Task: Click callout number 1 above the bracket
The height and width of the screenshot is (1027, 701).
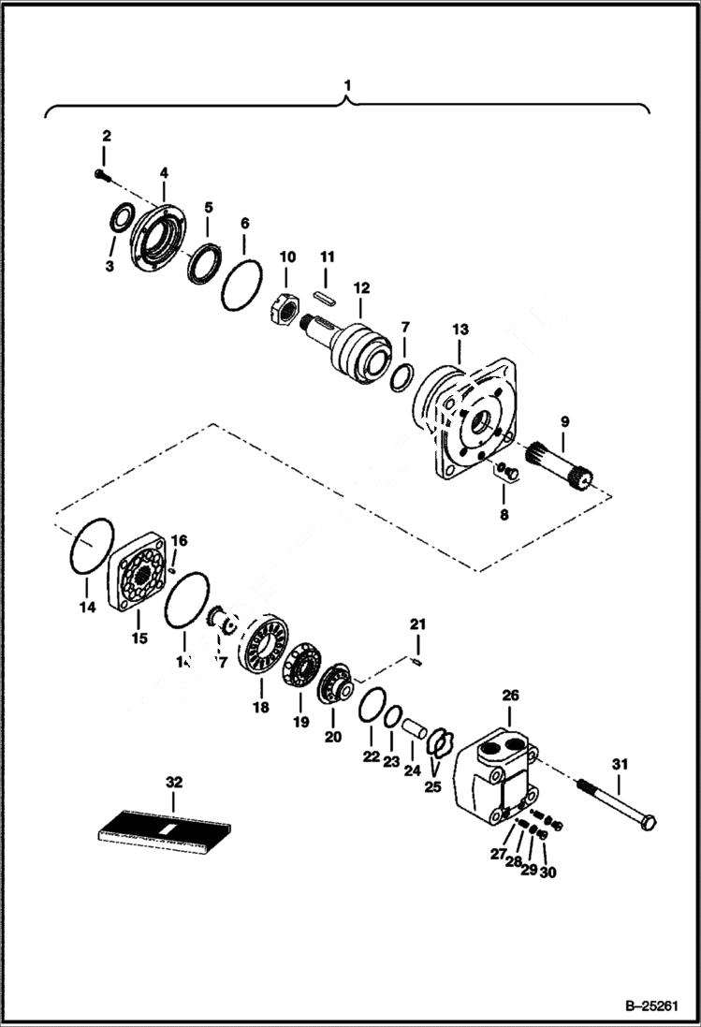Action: coord(348,85)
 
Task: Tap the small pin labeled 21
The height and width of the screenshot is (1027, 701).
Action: coord(418,662)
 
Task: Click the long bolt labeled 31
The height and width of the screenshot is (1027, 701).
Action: coord(614,804)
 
